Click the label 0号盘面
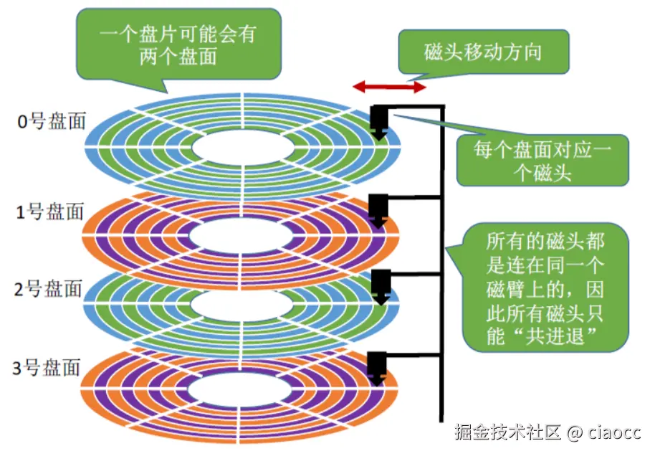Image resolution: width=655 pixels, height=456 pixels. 51,121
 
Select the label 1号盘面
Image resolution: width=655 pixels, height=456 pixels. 51,212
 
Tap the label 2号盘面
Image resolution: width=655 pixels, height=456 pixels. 51,289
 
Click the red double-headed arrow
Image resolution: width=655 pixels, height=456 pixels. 389,87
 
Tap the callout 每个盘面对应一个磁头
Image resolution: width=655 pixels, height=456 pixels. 542,161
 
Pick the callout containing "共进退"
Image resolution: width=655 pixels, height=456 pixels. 546,288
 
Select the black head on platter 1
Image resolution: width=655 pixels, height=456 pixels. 378,209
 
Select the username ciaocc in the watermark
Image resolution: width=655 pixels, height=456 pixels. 615,433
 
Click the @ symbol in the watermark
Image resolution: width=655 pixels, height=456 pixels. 573,433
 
